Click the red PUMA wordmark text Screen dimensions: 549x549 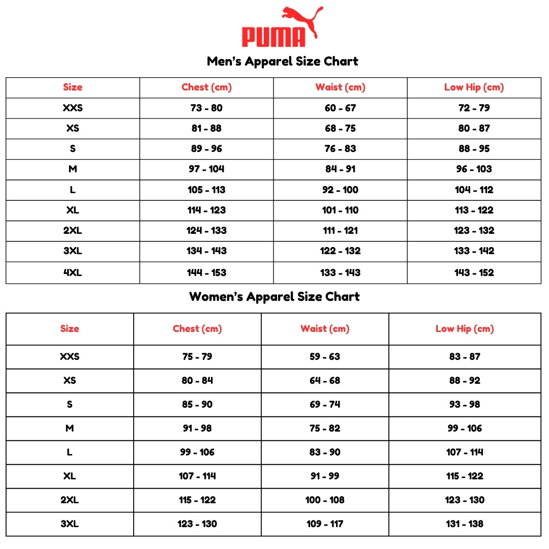point(273,37)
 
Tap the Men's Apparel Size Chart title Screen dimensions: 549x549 point(283,62)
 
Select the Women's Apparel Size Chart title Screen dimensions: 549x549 point(274,297)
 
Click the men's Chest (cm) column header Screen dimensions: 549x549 point(206,87)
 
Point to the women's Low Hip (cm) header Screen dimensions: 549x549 point(465,329)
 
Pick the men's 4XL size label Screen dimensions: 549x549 point(73,272)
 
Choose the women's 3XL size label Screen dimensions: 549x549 point(70,524)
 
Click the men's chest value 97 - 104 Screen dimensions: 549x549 point(206,169)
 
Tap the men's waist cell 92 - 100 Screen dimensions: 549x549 point(340,190)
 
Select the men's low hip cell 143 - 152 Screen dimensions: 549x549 point(474,272)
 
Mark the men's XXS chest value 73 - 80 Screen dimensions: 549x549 point(206,108)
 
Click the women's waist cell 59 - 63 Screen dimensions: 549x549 point(325,357)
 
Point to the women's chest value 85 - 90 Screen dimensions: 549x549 point(197,405)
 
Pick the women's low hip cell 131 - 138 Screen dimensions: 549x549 point(465,524)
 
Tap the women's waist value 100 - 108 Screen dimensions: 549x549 point(325,500)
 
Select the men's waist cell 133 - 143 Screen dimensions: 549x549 point(340,272)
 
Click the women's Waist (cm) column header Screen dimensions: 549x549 point(325,329)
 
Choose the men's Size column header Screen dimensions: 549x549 point(73,87)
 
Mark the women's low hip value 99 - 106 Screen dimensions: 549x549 point(465,429)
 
